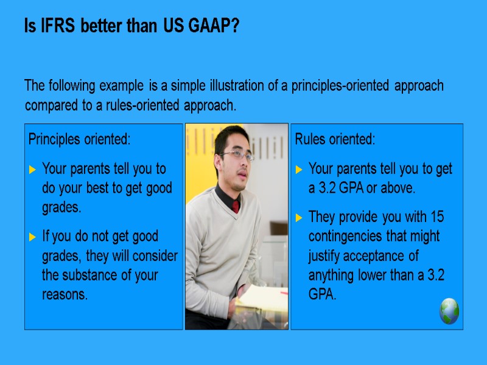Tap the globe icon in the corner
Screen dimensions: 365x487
point(449,311)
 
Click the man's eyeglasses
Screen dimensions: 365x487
point(236,155)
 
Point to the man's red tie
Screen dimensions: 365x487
point(236,206)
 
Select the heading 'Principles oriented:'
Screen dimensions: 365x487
point(79,139)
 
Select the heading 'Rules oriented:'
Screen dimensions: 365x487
point(335,139)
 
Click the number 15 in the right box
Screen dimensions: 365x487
point(436,217)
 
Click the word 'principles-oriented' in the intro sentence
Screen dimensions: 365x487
point(341,86)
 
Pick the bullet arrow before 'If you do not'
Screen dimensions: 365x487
point(33,237)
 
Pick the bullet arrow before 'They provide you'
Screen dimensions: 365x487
point(299,218)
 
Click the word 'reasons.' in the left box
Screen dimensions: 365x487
point(65,294)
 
